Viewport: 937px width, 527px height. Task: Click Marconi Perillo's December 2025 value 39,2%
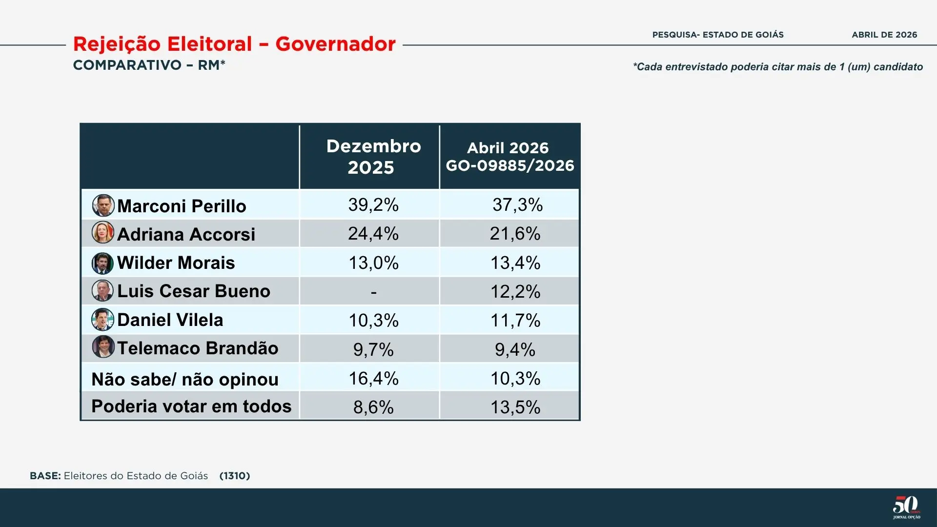coord(373,205)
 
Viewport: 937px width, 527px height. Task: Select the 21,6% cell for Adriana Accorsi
coord(515,234)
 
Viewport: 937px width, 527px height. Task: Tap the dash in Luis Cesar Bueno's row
coord(373,292)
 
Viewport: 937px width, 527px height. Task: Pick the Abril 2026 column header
coord(509,157)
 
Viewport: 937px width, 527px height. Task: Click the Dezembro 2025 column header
coord(373,157)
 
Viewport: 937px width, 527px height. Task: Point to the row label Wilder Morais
coord(176,263)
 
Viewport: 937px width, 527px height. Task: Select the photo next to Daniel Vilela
coord(102,320)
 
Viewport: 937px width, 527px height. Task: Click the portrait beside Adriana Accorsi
coord(102,233)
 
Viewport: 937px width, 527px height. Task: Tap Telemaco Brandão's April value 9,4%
coord(515,350)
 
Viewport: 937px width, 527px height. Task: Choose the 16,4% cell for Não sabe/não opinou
coord(373,379)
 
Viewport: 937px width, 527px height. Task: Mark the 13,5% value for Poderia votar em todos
coord(515,407)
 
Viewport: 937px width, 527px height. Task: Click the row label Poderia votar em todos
coord(191,406)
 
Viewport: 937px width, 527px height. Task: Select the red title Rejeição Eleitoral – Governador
coord(234,44)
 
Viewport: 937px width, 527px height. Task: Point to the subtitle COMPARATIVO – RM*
coord(149,65)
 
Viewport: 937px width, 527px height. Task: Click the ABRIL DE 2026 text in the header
coord(884,35)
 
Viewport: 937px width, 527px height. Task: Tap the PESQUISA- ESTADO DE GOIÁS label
coord(718,35)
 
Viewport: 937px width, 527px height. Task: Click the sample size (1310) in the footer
coord(235,476)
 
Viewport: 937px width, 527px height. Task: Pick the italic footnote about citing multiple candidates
coord(778,67)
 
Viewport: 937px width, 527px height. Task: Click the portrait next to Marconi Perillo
coord(103,205)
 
